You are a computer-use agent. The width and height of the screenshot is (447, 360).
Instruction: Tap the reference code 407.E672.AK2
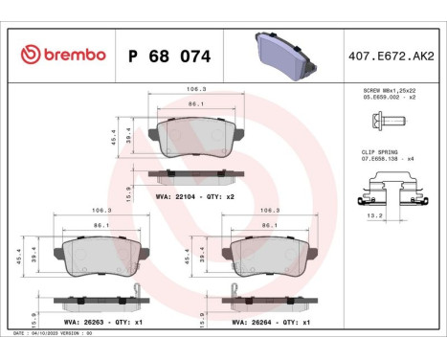391,55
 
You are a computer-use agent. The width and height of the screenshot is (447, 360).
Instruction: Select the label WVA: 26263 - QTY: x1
92,323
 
